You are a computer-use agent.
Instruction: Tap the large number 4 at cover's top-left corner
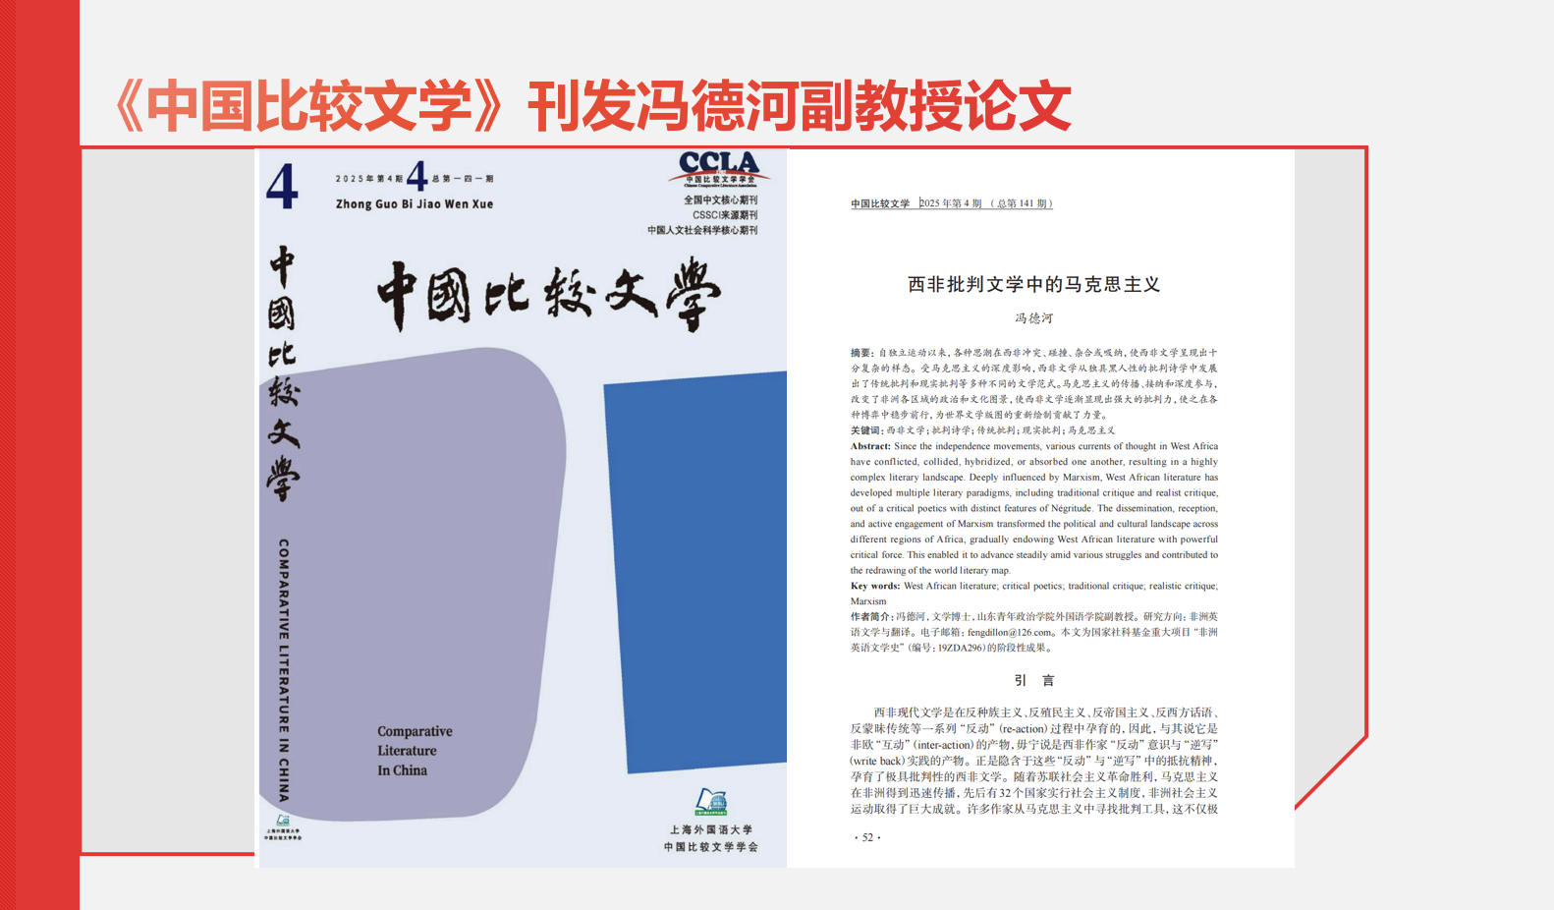pyautogui.click(x=282, y=186)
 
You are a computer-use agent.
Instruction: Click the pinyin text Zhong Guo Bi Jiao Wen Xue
pyautogui.click(x=415, y=204)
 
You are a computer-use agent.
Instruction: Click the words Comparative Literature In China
pyautogui.click(x=415, y=751)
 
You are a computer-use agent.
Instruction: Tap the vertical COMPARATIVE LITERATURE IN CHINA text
pyautogui.click(x=284, y=669)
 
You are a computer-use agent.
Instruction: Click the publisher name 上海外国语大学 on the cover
pyautogui.click(x=711, y=830)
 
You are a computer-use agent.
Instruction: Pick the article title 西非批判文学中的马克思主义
pyautogui.click(x=1033, y=285)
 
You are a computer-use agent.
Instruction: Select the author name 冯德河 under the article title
pyautogui.click(x=1033, y=318)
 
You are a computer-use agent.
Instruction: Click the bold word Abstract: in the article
pyautogui.click(x=870, y=446)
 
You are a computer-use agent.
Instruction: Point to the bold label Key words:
pyautogui.click(x=875, y=586)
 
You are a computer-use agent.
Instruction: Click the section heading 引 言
pyautogui.click(x=1033, y=680)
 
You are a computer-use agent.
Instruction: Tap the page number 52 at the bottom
pyautogui.click(x=867, y=837)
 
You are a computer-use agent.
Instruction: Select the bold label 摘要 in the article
pyautogui.click(x=861, y=353)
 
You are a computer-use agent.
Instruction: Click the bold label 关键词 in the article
pyautogui.click(x=865, y=430)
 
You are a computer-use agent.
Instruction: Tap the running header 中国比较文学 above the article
pyautogui.click(x=880, y=204)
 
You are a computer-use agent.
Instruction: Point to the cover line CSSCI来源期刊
pyautogui.click(x=725, y=215)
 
